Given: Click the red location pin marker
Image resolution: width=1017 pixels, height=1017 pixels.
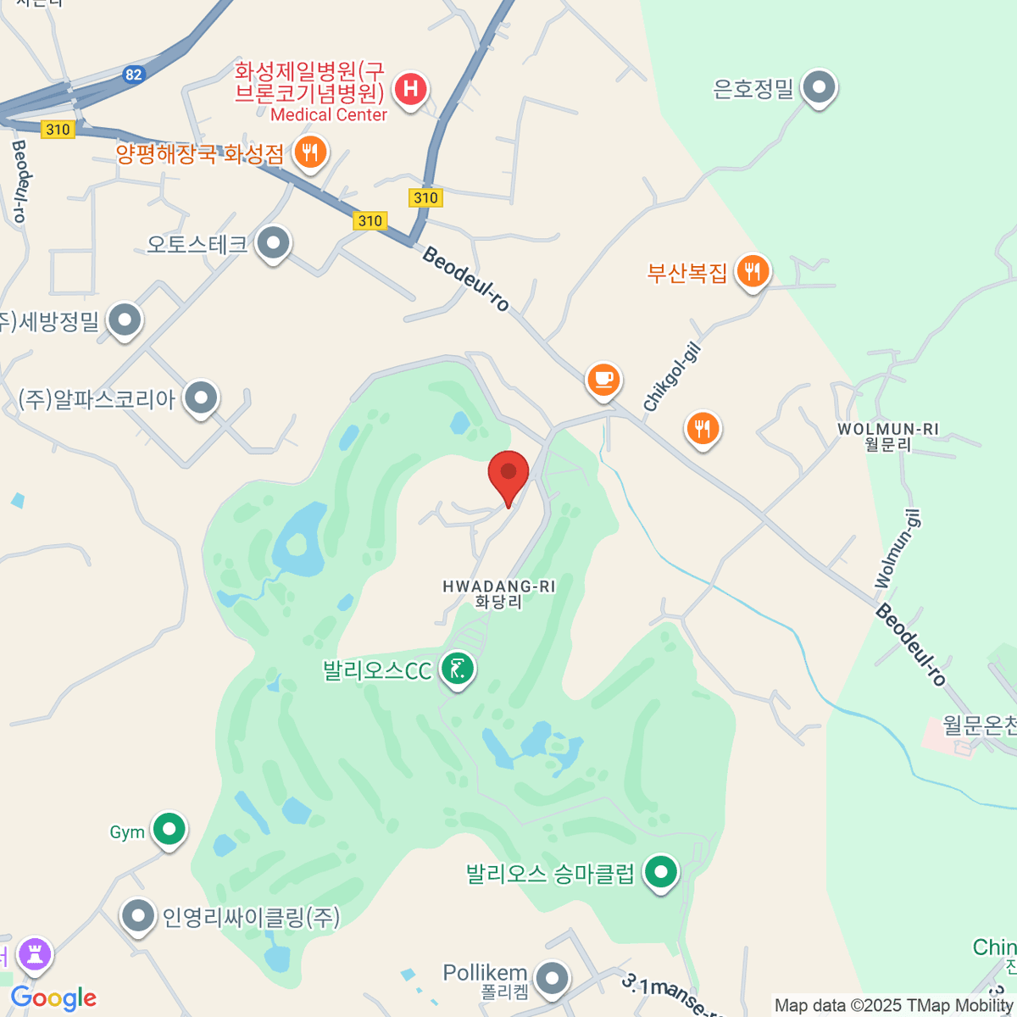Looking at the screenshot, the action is coord(508,473).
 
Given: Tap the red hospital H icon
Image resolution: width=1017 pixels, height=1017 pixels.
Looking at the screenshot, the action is coord(411,88).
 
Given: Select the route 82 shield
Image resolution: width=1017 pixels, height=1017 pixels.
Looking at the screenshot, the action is coord(133,75).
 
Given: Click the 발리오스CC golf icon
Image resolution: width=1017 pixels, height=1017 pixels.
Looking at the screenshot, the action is coord(458,670).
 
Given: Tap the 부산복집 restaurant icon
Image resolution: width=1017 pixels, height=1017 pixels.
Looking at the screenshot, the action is coord(753,271).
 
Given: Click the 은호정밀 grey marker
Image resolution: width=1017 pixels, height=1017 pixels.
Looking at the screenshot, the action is coord(819,86).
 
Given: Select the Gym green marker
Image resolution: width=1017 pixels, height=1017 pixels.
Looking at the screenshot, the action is coord(169,829).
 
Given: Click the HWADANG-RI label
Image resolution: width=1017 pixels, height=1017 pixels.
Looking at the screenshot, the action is coord(498,586).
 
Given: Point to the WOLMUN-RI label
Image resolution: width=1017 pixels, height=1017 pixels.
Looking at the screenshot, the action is coord(887,430).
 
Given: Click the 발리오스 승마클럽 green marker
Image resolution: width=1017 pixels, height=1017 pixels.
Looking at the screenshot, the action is coord(661,871).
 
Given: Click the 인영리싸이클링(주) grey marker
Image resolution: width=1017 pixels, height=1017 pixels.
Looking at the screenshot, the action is coord(137,915).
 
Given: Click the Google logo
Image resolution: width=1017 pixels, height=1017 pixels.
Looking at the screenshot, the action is coord(53,998).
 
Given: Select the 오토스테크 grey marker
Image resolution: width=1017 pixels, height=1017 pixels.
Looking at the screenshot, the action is coord(273,243).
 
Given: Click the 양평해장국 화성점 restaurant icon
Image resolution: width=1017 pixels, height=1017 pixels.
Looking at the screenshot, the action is coord(310,153).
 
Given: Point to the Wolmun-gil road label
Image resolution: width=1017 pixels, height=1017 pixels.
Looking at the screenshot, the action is coord(898,549).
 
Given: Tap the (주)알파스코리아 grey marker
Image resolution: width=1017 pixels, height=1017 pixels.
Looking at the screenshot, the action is coord(201,397).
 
